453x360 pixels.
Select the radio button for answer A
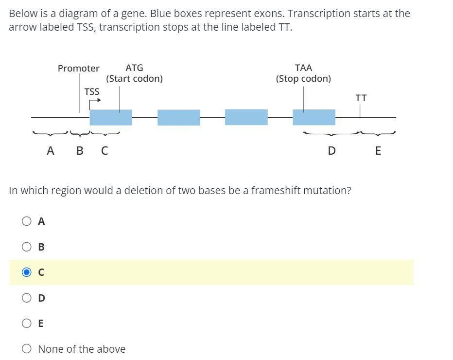coord(27,221)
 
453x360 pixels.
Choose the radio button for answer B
coord(27,247)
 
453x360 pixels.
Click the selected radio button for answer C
coord(27,272)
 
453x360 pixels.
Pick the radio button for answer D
coord(27,298)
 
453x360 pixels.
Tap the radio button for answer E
coord(27,323)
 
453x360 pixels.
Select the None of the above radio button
coord(27,349)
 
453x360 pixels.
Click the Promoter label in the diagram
coord(78,68)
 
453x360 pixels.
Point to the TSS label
coord(91,91)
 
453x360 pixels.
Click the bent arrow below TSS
coord(94,102)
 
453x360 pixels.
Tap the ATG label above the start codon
coord(134,68)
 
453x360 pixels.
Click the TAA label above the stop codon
coord(303,68)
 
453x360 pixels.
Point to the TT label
coord(361,98)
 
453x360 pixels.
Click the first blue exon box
coord(111,117)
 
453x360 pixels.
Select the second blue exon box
coord(178,117)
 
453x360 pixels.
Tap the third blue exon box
coord(246,117)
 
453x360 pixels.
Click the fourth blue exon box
coord(314,117)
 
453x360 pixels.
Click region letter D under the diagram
coord(331,151)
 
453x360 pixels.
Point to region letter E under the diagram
coord(378,151)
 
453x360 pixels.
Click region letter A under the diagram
coord(50,151)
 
